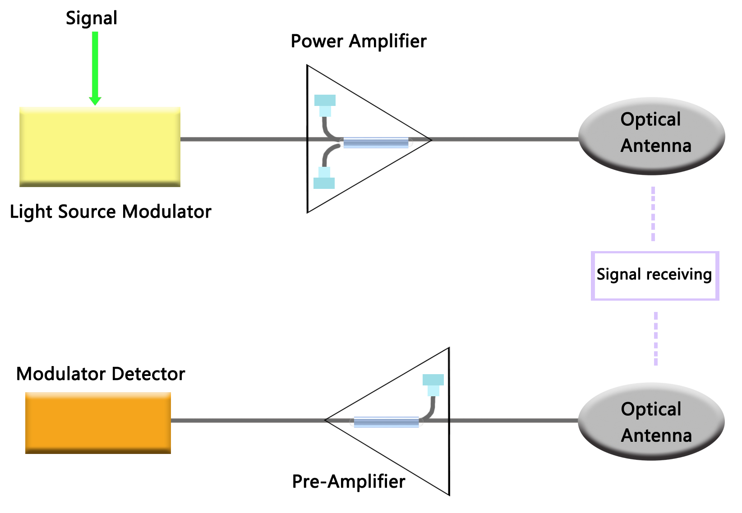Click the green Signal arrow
[x=95, y=68]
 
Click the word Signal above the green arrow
[x=92, y=18]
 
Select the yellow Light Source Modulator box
[x=100, y=147]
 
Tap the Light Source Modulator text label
[x=111, y=211]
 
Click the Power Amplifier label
[x=358, y=41]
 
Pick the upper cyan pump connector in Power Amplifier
[x=325, y=104]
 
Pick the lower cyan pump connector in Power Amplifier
[x=324, y=179]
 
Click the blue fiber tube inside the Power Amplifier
[x=376, y=143]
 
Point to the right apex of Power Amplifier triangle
[x=431, y=140]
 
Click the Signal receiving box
[x=654, y=275]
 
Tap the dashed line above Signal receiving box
[x=653, y=214]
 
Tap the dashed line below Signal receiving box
[x=655, y=339]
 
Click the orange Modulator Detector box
[x=98, y=422]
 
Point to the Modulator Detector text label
[x=101, y=374]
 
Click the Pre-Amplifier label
[x=349, y=481]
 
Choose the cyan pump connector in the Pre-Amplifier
[x=433, y=384]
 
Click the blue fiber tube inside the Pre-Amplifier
[x=386, y=422]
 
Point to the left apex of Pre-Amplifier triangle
[x=326, y=420]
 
